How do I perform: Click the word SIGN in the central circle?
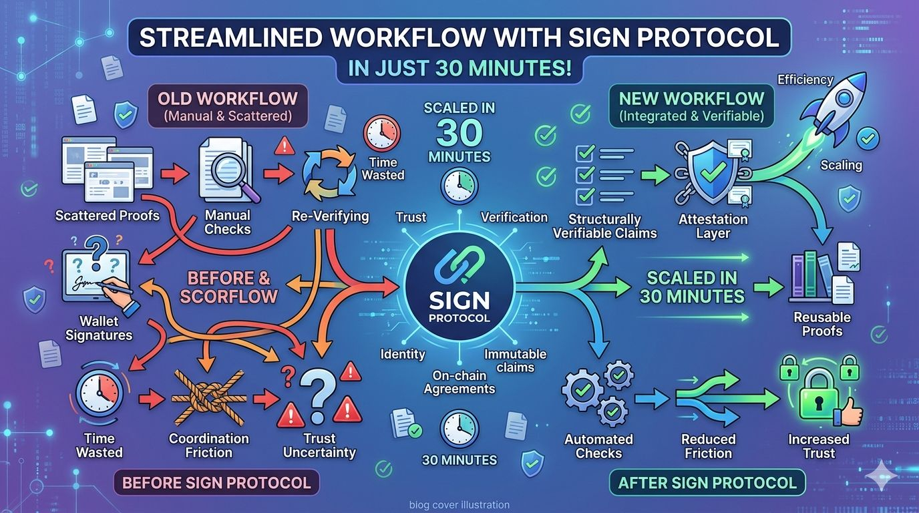(459, 301)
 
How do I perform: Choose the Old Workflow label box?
(227, 106)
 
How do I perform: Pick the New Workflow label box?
(691, 106)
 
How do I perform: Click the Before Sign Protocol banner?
(217, 482)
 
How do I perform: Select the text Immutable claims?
(515, 361)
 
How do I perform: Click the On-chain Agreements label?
(459, 381)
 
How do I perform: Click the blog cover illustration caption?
(459, 505)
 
